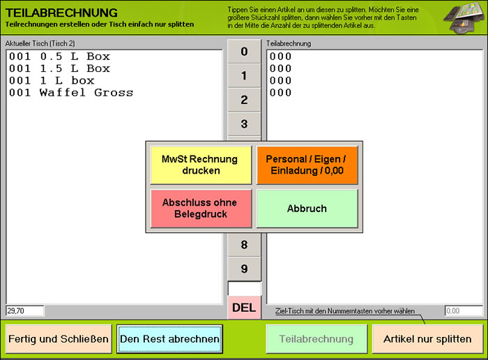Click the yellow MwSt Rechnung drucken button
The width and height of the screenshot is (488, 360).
201,165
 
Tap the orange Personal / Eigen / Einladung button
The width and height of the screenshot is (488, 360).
307,165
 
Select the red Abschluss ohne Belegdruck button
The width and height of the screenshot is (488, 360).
201,209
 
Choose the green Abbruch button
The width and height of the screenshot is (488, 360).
307,209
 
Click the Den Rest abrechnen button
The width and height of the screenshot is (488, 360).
169,339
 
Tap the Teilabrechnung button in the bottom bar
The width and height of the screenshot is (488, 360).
317,339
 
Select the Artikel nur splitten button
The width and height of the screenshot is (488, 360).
427,339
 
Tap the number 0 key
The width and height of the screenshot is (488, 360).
244,52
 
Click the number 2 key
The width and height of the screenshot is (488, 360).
244,100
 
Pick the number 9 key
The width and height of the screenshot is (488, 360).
244,269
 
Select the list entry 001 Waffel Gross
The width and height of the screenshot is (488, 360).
71,93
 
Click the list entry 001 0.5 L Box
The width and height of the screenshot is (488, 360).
59,57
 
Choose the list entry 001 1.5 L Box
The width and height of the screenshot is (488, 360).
59,68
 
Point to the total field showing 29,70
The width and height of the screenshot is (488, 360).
25,310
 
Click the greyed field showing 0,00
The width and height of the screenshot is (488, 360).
464,310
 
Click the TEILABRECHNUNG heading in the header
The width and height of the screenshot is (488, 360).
61,13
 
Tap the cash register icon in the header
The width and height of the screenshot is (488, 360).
464,17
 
